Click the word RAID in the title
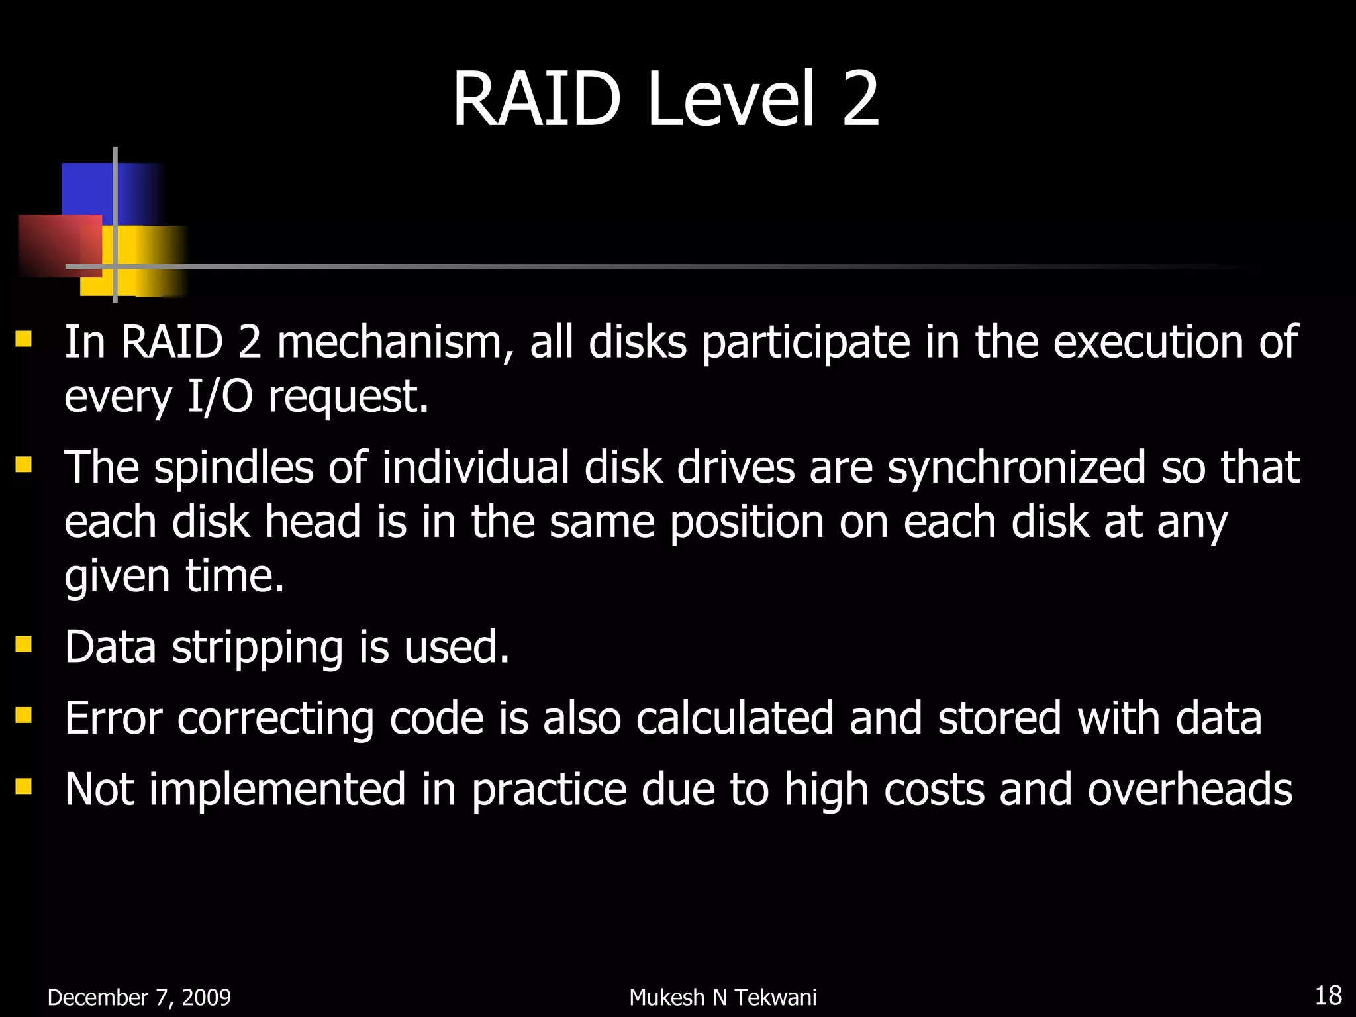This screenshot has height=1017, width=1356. pyautogui.click(x=536, y=99)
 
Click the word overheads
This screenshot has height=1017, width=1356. pyautogui.click(x=1189, y=789)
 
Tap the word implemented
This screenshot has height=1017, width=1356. pyautogui.click(x=277, y=789)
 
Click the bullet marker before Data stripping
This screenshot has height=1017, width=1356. pyautogui.click(x=24, y=644)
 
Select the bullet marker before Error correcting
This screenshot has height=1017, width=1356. pyautogui.click(x=24, y=715)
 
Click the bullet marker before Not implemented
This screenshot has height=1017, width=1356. pyautogui.click(x=24, y=786)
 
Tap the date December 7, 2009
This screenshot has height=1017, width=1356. pyautogui.click(x=139, y=997)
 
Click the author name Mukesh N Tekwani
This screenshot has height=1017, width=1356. pyautogui.click(x=722, y=997)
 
